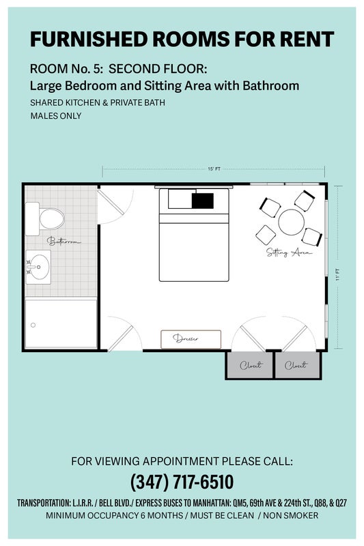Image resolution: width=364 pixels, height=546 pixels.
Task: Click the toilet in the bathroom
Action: (x=45, y=218)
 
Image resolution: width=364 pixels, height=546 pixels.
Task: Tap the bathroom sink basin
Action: (x=38, y=267)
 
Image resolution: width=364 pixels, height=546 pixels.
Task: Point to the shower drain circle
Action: (x=33, y=325)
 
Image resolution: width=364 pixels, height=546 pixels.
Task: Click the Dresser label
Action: (x=186, y=338)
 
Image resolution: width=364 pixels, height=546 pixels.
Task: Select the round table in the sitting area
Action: (x=291, y=222)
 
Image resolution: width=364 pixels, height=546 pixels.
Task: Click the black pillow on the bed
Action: (x=203, y=201)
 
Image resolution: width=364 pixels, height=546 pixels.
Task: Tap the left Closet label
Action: (x=251, y=365)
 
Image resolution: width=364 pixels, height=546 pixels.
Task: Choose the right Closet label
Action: (x=296, y=365)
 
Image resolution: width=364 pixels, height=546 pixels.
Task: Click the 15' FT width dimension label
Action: (x=214, y=169)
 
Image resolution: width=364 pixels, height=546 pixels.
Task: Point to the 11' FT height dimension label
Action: (x=337, y=274)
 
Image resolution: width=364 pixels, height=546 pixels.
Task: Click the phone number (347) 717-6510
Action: (x=182, y=482)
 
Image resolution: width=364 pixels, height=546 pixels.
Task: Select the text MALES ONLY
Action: (x=56, y=116)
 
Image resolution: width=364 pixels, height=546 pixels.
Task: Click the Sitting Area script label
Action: (x=289, y=252)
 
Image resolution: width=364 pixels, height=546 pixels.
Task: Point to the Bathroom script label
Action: (x=64, y=241)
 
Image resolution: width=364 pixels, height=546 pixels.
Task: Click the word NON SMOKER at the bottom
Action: (x=290, y=515)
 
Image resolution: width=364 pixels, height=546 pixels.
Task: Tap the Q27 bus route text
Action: (x=341, y=503)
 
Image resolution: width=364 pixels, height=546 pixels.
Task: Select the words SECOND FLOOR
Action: (x=158, y=69)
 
